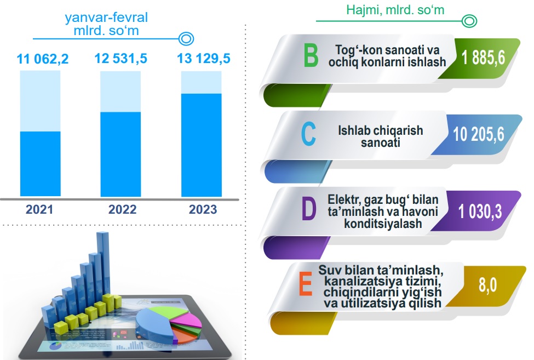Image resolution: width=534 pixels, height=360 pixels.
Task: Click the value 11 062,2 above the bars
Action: [43, 59]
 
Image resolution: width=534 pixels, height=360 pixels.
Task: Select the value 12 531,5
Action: [121, 59]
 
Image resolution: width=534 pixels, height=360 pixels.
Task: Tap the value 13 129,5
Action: [204, 59]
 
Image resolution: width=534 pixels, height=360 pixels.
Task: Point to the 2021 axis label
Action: [39, 209]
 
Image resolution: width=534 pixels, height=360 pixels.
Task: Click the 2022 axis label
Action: [122, 209]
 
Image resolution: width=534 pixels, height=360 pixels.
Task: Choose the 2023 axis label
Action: [203, 209]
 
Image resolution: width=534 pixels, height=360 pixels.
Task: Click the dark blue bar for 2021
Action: [40, 164]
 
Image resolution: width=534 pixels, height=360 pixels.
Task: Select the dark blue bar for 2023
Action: [201, 145]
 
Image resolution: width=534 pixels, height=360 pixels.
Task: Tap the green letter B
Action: [311, 56]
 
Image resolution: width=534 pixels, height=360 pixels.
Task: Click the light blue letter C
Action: [308, 134]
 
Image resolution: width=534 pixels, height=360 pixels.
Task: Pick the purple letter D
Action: [309, 208]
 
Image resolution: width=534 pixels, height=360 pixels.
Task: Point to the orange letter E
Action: [306, 285]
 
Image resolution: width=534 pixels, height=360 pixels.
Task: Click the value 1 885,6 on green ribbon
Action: [483, 58]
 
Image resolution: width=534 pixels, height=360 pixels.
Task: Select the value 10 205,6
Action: [478, 134]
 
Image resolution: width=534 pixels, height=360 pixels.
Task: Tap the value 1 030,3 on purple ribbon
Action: [480, 211]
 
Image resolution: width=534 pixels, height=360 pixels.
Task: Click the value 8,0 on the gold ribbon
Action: [487, 285]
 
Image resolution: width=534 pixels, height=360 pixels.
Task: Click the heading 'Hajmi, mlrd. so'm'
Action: [395, 10]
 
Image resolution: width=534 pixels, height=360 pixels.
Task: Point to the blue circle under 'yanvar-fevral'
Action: [186, 39]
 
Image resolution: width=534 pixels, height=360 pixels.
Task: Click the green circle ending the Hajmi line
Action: [469, 21]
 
